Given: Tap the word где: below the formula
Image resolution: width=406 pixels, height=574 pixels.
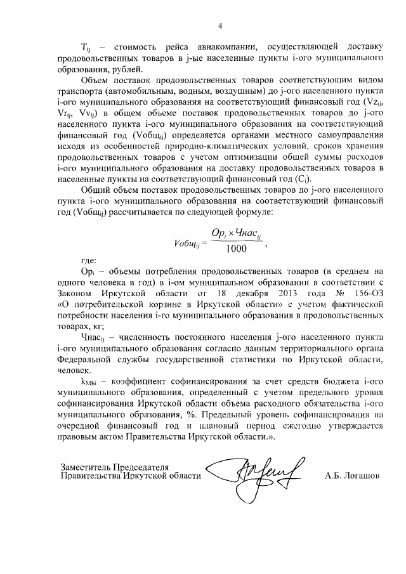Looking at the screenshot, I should (x=89, y=261).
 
